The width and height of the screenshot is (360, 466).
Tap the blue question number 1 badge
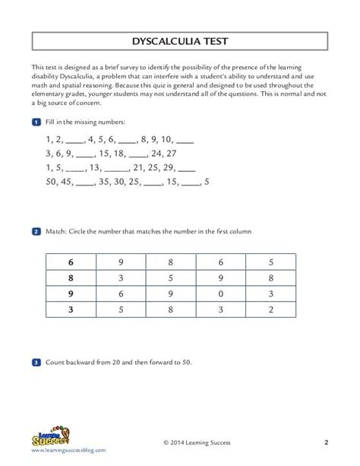[36, 122]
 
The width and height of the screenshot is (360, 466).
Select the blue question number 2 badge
[36, 231]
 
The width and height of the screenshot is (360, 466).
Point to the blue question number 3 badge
[36, 363]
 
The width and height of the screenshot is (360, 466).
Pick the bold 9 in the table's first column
[71, 293]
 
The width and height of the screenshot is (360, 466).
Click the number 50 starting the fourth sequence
[53, 182]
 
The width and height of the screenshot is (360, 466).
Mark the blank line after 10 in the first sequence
[185, 140]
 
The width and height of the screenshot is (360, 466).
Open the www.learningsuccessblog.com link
[68, 451]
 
